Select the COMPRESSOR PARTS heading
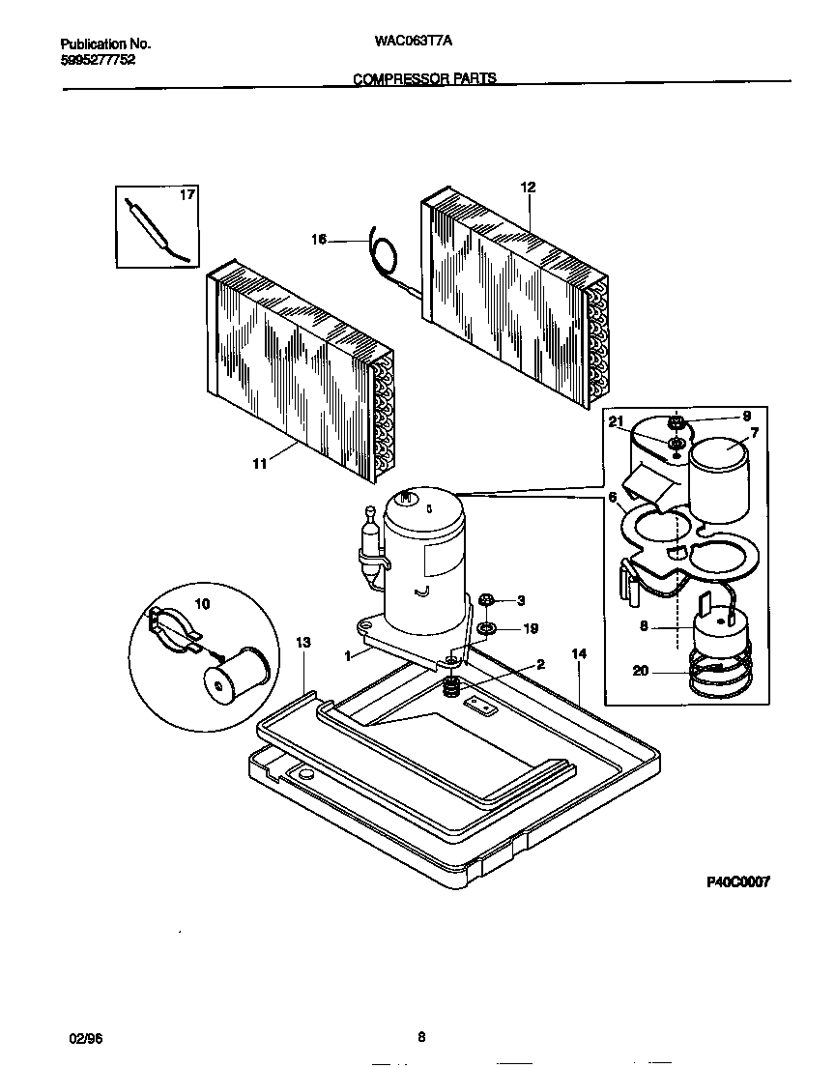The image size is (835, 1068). pos(424,78)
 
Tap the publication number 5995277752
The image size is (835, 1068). pos(98,59)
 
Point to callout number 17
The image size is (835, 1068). pos(187,195)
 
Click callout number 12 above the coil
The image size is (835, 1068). pos(528,188)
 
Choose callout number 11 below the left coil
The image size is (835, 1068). pos(259,465)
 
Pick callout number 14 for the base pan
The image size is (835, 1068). pos(579,654)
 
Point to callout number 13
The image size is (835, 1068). pos(302,643)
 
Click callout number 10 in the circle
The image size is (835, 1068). pos(202,604)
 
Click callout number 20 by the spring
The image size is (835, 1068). pos(640,671)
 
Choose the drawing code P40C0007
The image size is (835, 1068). pos(736,881)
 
